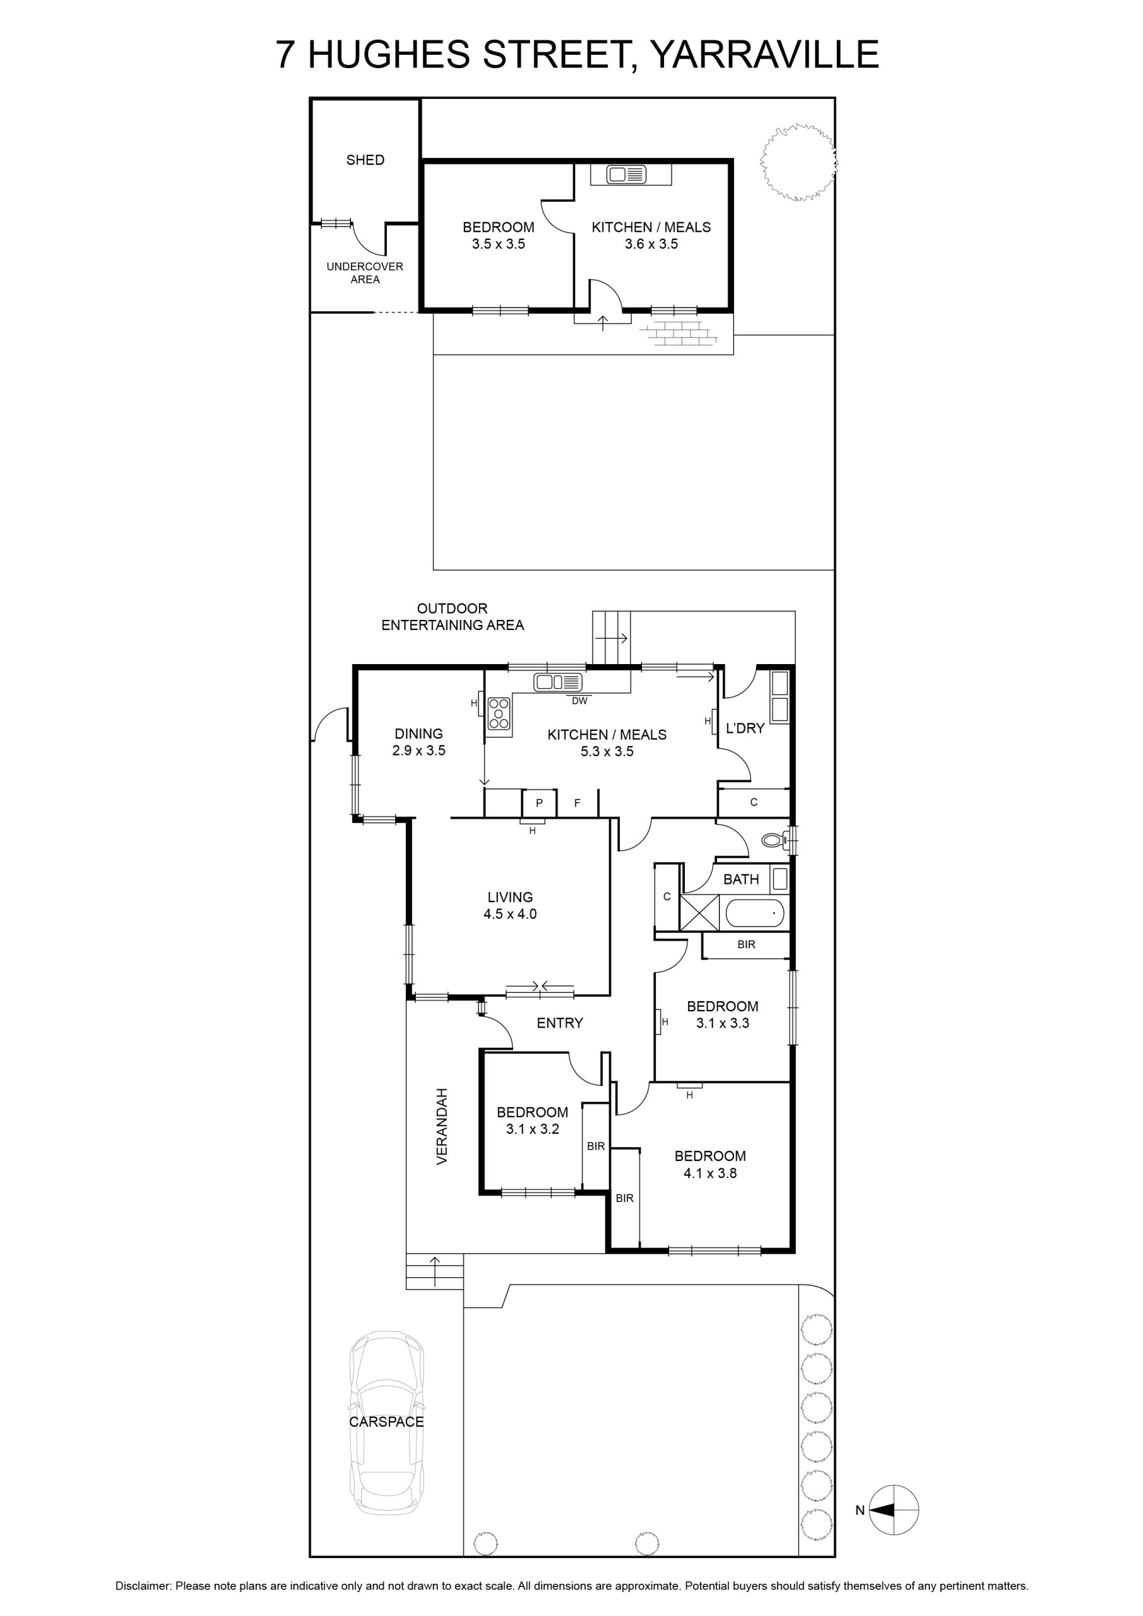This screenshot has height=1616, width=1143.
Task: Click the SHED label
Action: pos(365,160)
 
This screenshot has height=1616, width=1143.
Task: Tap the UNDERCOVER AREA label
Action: pos(365,272)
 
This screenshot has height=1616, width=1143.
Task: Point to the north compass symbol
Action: pos(894,1510)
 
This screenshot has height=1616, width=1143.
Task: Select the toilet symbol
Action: pos(777,840)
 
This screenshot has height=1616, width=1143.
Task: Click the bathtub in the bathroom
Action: pos(755,913)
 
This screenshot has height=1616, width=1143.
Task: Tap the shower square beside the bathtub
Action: pos(699,913)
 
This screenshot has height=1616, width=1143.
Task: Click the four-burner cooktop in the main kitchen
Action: pos(499,713)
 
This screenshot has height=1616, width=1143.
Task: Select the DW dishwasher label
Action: pos(579,701)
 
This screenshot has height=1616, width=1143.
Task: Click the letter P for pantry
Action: pos(539,802)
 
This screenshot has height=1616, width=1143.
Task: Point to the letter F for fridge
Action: pos(577,802)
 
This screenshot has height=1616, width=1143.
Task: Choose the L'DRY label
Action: pos(745,728)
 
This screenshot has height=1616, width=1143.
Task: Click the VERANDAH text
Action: pos(442,1126)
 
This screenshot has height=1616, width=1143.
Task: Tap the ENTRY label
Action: pos(560,1023)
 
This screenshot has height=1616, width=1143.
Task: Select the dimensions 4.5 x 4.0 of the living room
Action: pos(509,914)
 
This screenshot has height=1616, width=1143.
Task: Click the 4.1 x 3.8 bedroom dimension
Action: pos(709,1173)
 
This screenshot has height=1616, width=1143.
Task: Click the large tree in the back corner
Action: pos(799,163)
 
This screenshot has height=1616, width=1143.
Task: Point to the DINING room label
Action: pos(419,734)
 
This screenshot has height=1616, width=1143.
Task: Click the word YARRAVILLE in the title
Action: pos(764,54)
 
